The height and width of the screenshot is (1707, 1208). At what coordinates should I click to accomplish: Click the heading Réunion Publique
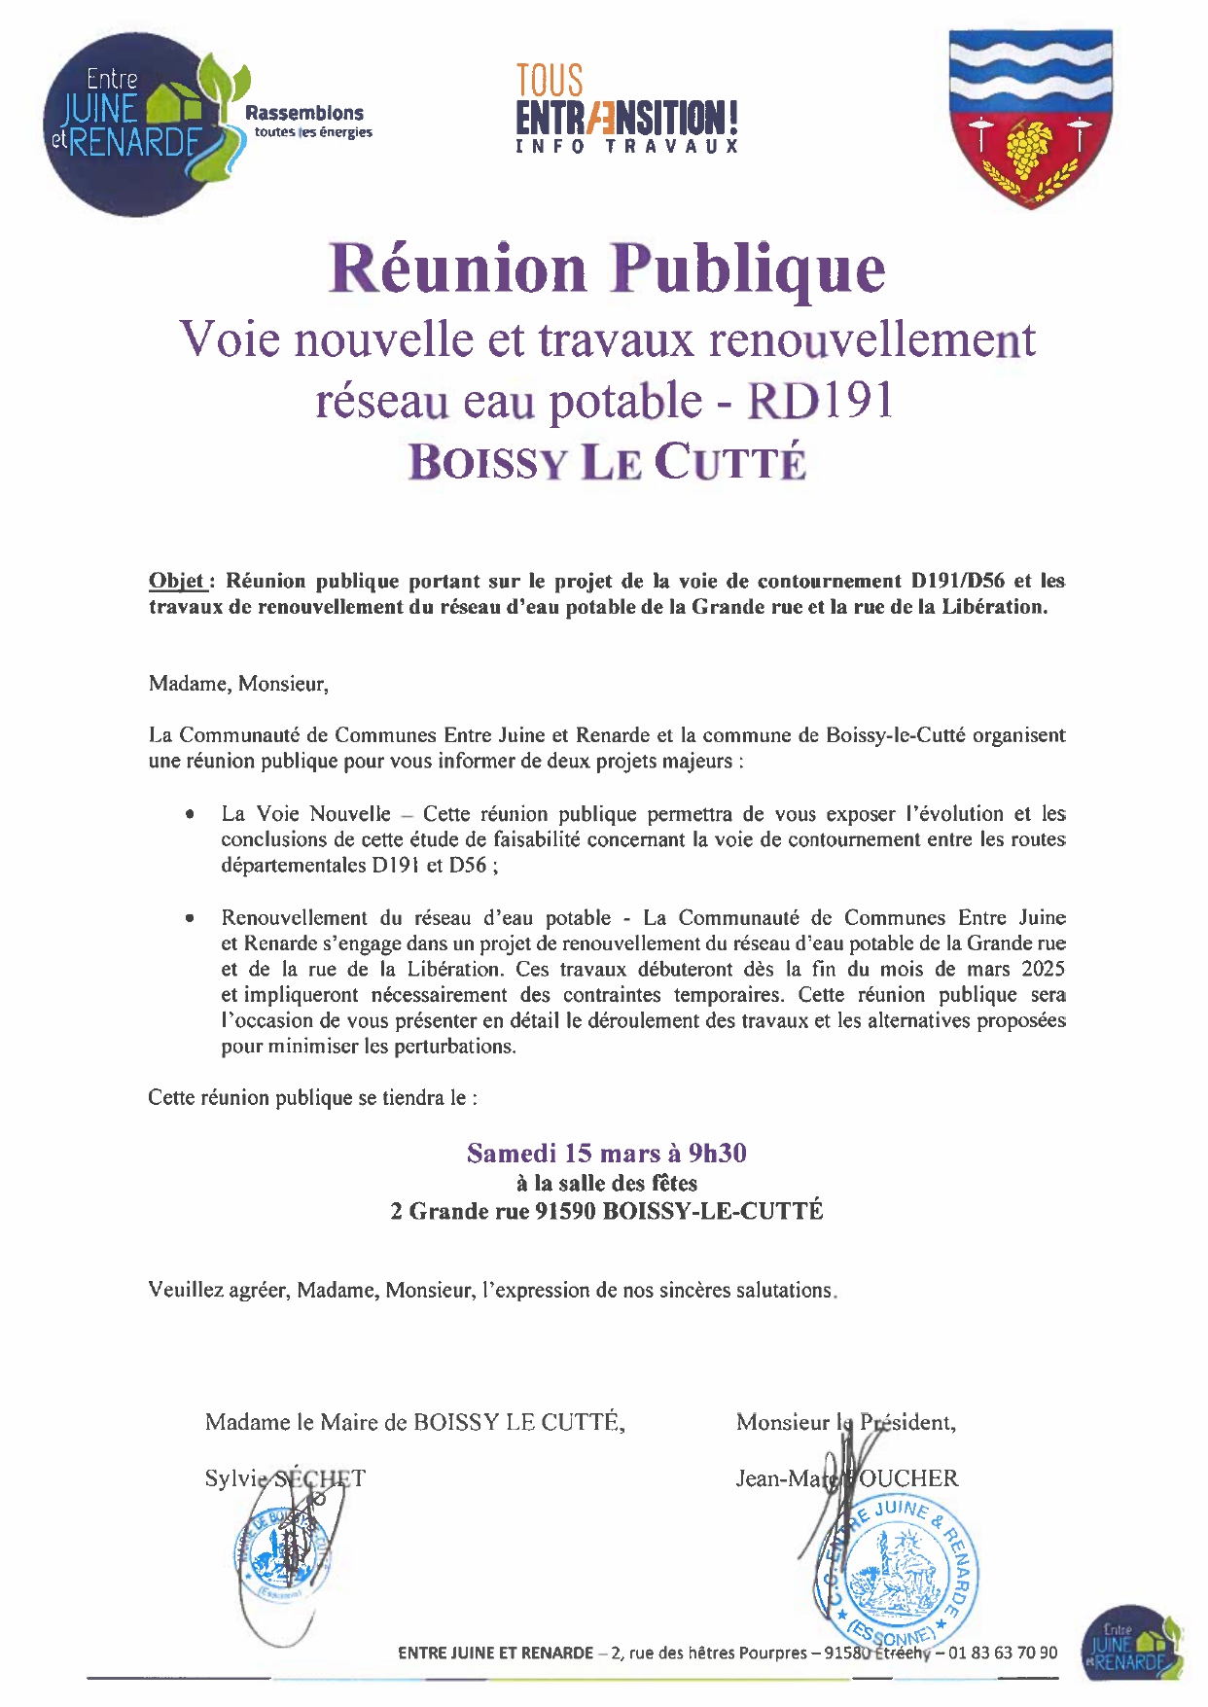[x=607, y=267]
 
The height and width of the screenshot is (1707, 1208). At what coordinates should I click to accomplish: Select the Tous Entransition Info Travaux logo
[x=626, y=109]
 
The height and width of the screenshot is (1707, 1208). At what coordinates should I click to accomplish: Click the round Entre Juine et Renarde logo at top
[x=126, y=124]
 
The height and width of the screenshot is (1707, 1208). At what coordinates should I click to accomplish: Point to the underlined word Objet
[x=176, y=582]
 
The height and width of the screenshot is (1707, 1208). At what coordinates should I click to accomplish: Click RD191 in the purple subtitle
[x=819, y=401]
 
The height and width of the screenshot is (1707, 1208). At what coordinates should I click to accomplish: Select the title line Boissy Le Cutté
[x=607, y=461]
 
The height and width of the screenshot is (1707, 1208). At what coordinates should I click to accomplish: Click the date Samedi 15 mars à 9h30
[x=607, y=1154]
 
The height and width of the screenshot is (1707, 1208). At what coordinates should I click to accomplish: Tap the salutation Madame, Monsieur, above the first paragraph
[x=238, y=684]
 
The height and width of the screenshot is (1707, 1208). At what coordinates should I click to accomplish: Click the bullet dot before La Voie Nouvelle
[x=191, y=814]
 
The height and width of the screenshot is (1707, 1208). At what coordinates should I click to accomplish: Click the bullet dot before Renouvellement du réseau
[x=191, y=918]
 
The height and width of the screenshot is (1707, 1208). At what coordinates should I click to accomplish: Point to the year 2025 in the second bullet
[x=1043, y=969]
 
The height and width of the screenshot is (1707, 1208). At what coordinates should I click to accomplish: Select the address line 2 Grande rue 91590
[x=607, y=1211]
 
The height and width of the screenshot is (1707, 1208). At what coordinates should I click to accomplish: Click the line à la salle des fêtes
[x=607, y=1183]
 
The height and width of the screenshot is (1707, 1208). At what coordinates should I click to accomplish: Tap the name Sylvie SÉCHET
[x=284, y=1478]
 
